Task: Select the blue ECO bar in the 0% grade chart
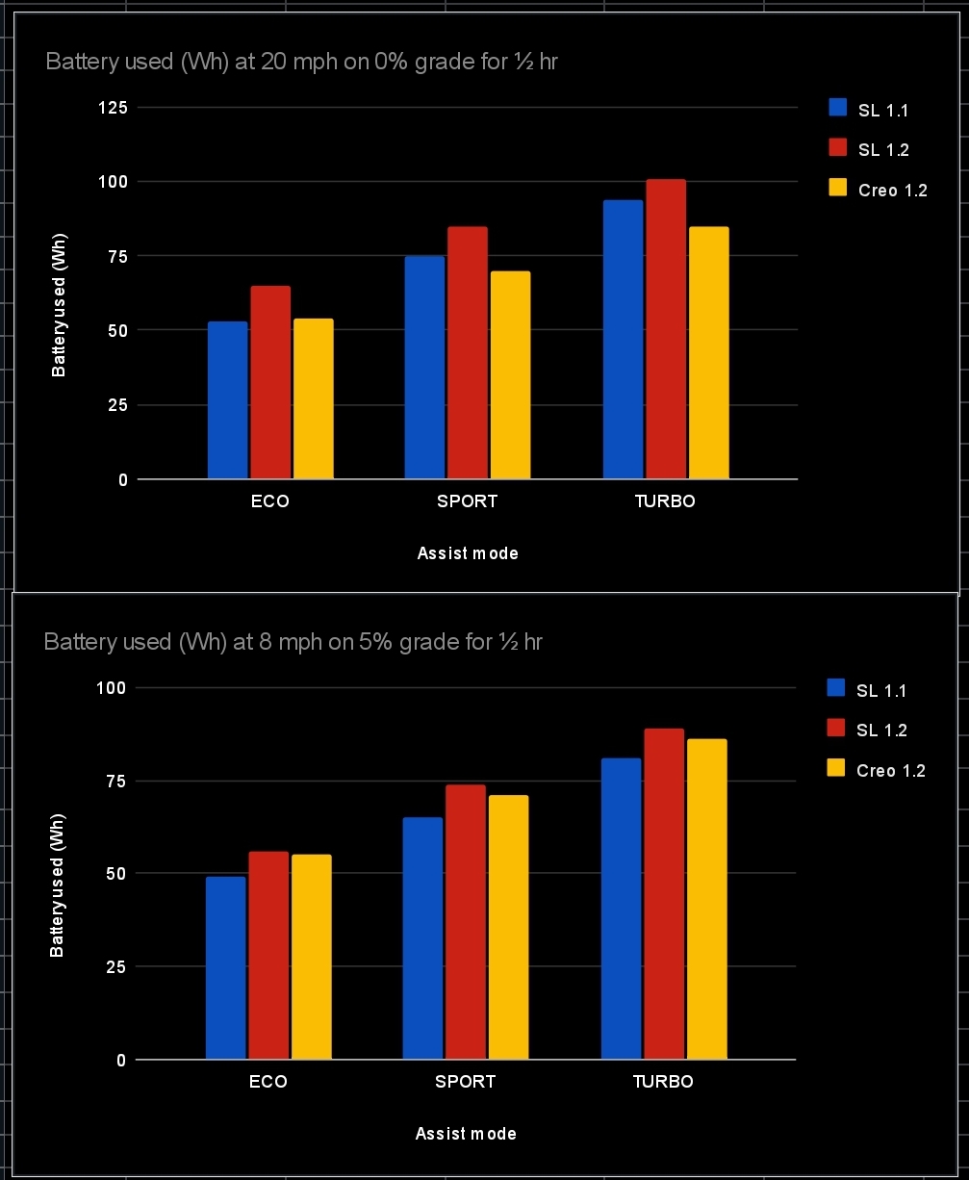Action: click(x=228, y=400)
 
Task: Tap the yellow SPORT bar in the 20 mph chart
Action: click(x=510, y=375)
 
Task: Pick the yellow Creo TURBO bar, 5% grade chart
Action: click(x=707, y=899)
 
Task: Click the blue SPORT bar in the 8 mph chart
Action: click(x=422, y=938)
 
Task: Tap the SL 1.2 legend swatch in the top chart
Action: click(x=838, y=147)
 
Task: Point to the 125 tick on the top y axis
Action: click(x=114, y=107)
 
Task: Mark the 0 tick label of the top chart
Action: click(x=122, y=479)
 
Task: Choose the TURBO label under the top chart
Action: click(x=665, y=501)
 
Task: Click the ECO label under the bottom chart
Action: click(x=268, y=1082)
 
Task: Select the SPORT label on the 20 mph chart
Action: click(x=468, y=501)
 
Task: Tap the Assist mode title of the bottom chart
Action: click(x=466, y=1134)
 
